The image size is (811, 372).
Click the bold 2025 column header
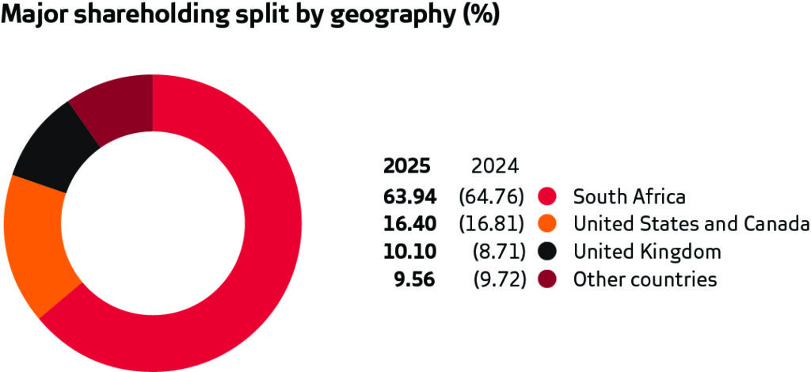coord(407,166)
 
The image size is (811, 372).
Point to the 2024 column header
coord(494,166)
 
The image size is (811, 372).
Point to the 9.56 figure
coord(417,279)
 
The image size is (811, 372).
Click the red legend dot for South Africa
coord(546,195)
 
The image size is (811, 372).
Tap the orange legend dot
coord(546,224)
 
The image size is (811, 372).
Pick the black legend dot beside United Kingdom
coord(546,252)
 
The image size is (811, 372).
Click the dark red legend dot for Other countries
coord(546,279)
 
